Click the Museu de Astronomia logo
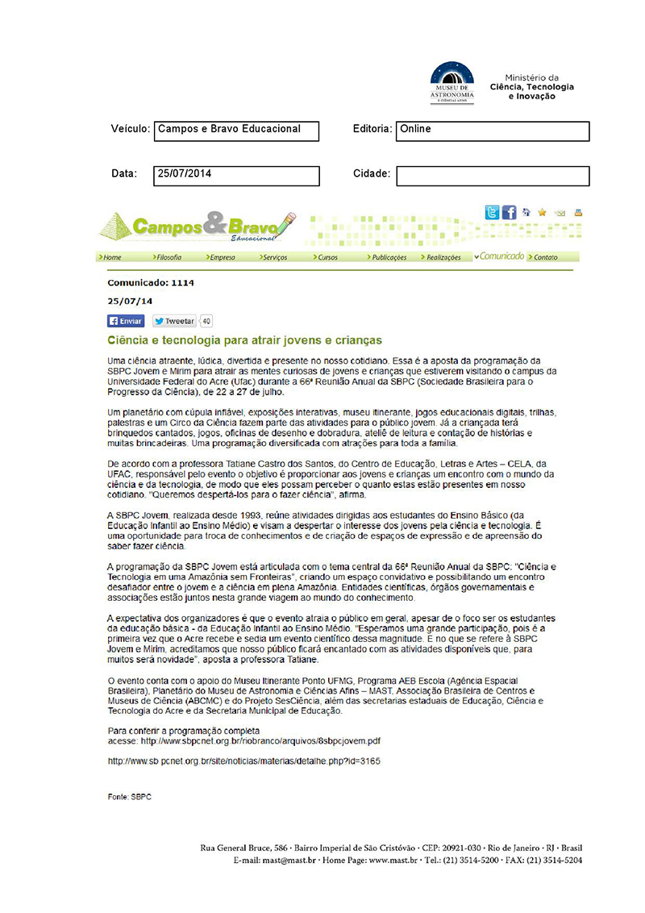[451, 82]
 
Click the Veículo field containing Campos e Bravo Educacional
[236, 131]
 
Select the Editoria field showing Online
[493, 131]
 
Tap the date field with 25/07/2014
[236, 175]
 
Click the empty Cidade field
[493, 175]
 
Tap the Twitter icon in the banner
[492, 212]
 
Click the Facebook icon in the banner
[509, 212]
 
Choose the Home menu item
[111, 257]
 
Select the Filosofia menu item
[168, 257]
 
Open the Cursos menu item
[327, 257]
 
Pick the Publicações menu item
[389, 257]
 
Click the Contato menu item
[544, 257]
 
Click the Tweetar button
[174, 321]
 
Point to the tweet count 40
[206, 321]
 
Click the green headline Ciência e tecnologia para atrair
[245, 340]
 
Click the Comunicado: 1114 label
[151, 283]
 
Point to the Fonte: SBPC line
[130, 797]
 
